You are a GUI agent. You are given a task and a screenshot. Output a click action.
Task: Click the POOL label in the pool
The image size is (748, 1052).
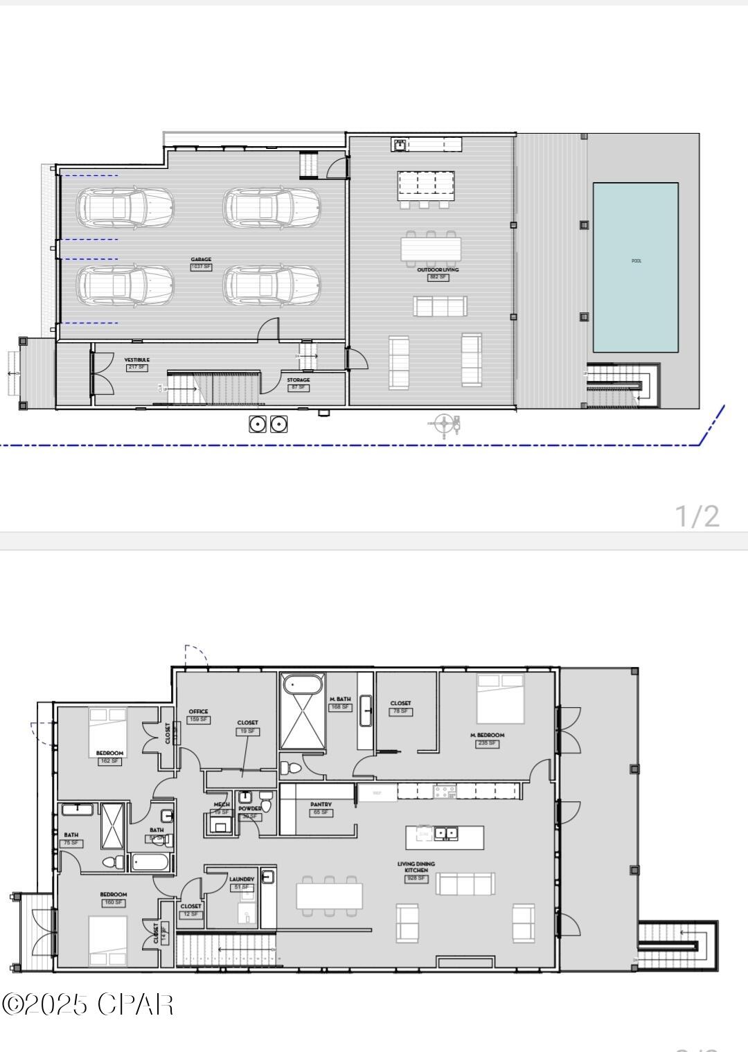click(636, 261)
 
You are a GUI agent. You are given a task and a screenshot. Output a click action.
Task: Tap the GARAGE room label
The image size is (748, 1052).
click(201, 260)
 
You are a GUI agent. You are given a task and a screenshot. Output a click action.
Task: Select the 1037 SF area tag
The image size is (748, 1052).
click(201, 267)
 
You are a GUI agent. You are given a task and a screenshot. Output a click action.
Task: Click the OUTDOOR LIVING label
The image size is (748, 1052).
click(438, 269)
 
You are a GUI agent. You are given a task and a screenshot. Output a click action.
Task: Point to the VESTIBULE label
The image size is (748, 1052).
click(136, 360)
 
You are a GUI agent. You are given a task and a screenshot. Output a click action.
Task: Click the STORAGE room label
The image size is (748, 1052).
click(299, 380)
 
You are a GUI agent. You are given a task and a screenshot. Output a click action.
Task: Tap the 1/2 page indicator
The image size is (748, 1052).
click(697, 516)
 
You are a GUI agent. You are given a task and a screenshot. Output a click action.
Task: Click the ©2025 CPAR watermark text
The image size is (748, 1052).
click(87, 1004)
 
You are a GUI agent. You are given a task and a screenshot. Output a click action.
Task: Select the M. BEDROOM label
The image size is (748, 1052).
click(487, 735)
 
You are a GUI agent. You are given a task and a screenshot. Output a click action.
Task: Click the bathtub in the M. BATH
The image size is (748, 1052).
click(303, 684)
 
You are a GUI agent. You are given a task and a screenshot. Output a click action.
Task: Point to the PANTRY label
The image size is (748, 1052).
click(321, 805)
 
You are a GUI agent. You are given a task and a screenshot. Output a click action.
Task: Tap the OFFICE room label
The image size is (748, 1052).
click(198, 711)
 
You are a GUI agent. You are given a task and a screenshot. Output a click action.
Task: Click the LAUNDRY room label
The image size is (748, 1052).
click(242, 879)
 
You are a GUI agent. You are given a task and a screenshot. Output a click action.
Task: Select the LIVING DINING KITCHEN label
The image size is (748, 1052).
click(416, 867)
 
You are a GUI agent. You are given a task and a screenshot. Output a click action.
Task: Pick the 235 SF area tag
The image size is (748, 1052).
click(487, 743)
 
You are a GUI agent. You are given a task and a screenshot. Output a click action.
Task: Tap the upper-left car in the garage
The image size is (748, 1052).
click(125, 206)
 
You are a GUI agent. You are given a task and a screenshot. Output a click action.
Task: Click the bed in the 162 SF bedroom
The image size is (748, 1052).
click(107, 731)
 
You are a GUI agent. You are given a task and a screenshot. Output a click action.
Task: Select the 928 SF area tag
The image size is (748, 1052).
click(416, 878)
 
